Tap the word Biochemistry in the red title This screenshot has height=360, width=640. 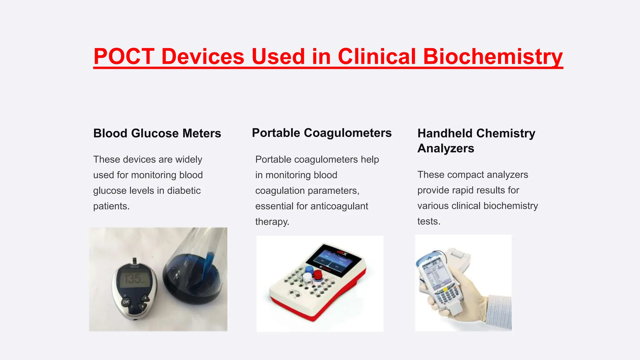[492, 57]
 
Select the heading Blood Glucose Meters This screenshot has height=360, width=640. [157, 133]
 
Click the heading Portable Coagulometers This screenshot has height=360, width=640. [322, 133]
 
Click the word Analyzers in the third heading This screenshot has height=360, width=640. [446, 148]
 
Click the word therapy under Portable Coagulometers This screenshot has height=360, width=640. [272, 222]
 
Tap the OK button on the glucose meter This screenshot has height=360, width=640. [126, 302]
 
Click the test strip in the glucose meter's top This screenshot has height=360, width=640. [135, 261]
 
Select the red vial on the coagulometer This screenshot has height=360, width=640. [318, 275]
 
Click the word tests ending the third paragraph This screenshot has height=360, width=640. [428, 222]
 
